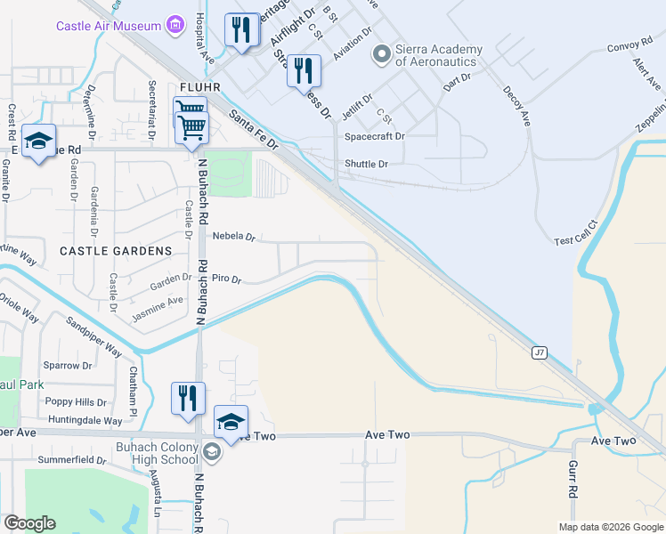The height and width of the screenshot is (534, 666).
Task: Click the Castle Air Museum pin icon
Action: (176, 25)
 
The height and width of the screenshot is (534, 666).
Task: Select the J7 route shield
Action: (540, 352)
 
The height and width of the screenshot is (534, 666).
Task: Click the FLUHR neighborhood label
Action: (199, 87)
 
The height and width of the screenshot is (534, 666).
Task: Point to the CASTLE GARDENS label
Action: (116, 252)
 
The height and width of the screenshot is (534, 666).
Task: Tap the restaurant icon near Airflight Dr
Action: (241, 32)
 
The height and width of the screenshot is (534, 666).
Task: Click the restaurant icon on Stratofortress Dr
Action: (304, 71)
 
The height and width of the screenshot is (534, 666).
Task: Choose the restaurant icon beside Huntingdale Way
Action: (188, 398)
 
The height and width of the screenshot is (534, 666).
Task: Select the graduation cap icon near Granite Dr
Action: (38, 142)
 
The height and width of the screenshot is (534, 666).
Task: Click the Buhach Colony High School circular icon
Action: (212, 452)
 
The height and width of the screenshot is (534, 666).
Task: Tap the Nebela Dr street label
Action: (234, 238)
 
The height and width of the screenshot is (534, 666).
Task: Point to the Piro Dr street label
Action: (226, 279)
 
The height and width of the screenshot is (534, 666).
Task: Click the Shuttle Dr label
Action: (366, 164)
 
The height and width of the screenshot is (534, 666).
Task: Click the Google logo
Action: (29, 523)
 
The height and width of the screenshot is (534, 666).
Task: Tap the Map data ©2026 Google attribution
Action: (610, 526)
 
